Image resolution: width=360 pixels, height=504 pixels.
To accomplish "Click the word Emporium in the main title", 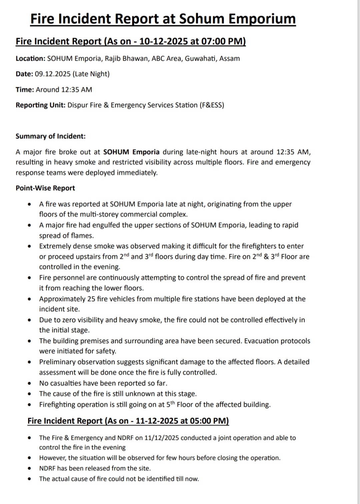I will (x=262, y=19).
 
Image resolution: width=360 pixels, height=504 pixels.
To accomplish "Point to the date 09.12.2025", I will (x=52, y=74).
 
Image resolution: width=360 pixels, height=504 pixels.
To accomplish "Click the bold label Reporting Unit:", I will (x=40, y=105).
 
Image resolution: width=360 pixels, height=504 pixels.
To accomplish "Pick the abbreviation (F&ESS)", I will (x=212, y=105).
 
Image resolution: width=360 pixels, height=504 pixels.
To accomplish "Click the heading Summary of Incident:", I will (x=51, y=136).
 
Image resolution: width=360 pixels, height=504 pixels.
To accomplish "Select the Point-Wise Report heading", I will (x=45, y=188).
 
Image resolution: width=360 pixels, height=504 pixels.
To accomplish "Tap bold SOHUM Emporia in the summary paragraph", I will (x=131, y=152).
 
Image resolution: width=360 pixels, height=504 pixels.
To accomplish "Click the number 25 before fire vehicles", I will (x=91, y=299).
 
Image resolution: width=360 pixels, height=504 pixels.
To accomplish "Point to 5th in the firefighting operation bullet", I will (x=170, y=404).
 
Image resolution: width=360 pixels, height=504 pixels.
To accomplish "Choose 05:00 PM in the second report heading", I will (x=209, y=421).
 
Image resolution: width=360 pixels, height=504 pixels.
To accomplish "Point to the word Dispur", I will (x=78, y=105).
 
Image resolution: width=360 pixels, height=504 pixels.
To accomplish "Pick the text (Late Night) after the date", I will (x=91, y=74).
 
